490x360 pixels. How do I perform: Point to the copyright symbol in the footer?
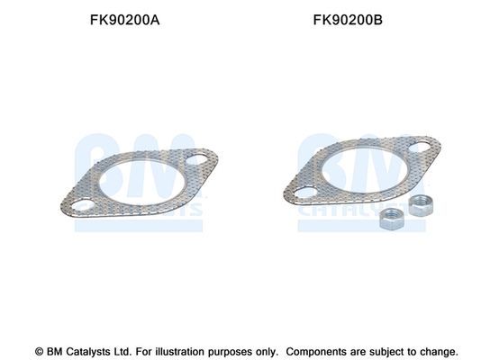pos(39,351)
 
